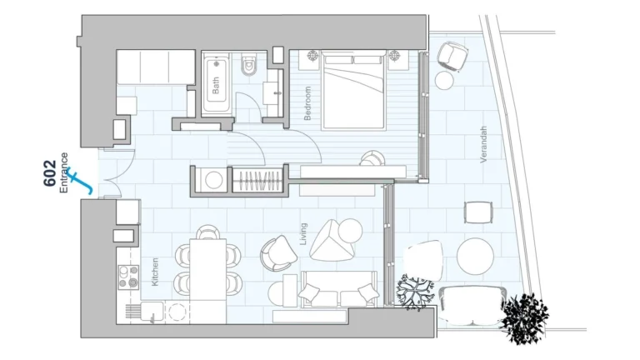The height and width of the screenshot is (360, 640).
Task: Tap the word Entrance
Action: (x=65, y=172)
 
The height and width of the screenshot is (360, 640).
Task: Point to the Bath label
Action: (x=216, y=86)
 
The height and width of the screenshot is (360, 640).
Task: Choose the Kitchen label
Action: (x=156, y=272)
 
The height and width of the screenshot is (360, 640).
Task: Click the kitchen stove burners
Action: (x=129, y=276)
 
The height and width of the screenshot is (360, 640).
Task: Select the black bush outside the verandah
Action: (x=525, y=318)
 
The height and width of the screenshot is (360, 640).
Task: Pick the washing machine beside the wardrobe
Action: (x=213, y=179)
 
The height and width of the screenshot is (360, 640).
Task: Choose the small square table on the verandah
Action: (x=478, y=212)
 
